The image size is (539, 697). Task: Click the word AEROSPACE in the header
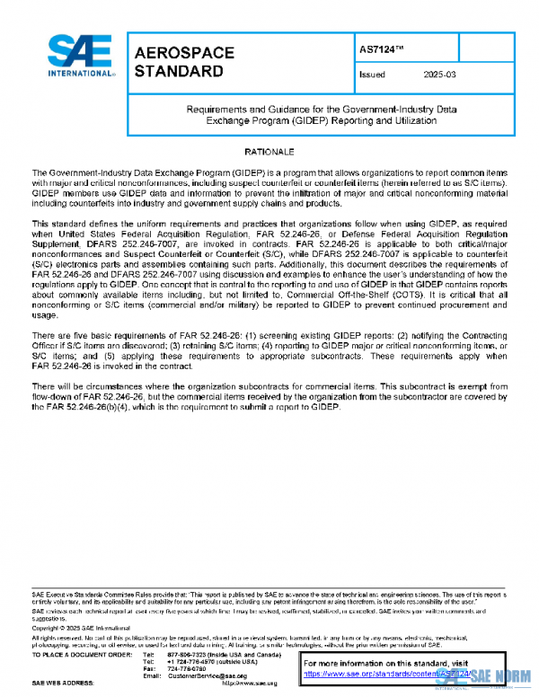coord(183,53)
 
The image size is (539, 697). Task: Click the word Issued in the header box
coord(371,75)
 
